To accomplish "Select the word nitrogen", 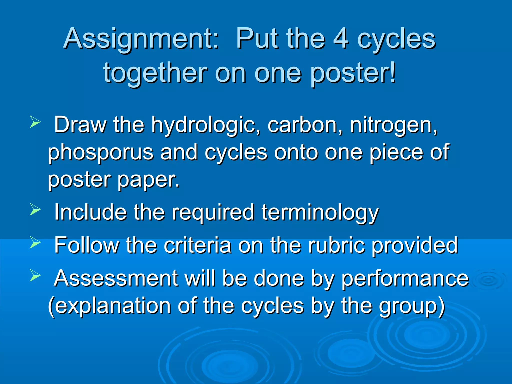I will point(394,125).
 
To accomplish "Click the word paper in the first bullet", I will point(148,180).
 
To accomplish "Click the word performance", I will point(405,279).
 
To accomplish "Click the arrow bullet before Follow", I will point(35,242).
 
